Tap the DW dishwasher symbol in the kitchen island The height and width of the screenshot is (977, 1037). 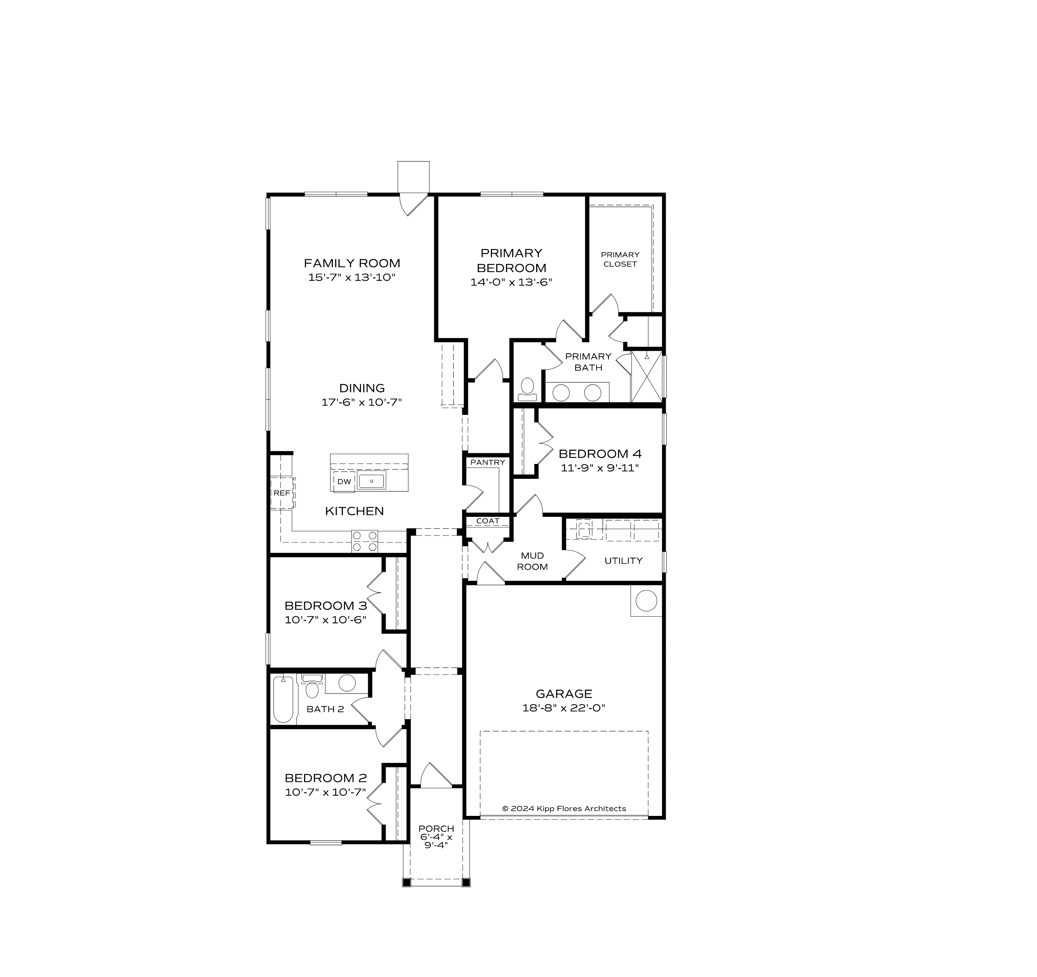(344, 482)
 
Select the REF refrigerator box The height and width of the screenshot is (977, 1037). (282, 493)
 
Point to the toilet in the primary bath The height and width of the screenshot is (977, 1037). (527, 389)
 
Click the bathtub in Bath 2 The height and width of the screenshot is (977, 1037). (283, 699)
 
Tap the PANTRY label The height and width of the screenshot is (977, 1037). (487, 462)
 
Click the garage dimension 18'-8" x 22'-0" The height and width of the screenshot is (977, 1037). (563, 708)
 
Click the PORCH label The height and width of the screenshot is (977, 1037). (436, 828)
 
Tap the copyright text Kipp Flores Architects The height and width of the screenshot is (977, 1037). (563, 809)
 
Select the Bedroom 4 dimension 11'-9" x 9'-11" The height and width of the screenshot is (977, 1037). (599, 468)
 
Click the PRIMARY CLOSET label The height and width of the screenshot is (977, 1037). (620, 259)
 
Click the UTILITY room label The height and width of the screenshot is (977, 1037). (623, 561)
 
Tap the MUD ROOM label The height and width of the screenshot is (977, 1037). (532, 561)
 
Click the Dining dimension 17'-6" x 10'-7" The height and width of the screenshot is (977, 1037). (362, 402)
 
